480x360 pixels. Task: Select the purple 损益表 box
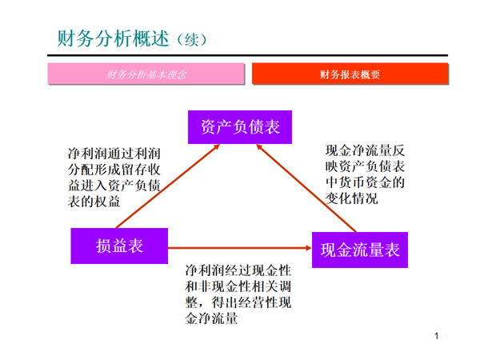pos(119,246)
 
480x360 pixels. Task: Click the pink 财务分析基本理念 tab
pos(146,74)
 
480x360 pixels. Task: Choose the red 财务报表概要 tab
pos(350,74)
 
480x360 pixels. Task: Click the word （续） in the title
pos(191,39)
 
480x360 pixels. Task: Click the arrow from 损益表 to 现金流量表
pos(240,248)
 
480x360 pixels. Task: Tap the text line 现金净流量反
pos(365,150)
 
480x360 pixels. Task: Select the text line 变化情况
pos(350,198)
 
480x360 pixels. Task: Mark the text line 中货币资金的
pos(365,182)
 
